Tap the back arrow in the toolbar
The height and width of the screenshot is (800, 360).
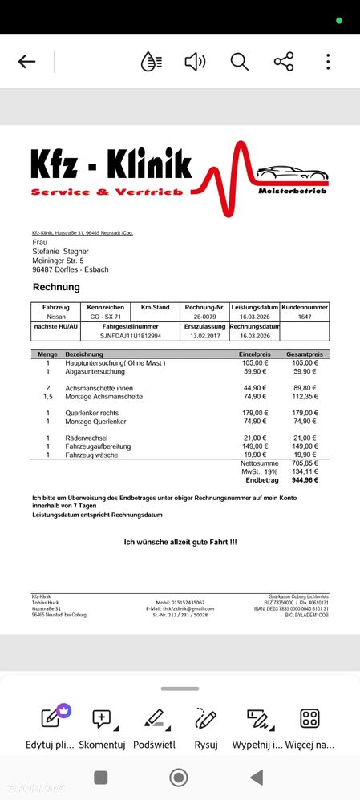tap(26, 62)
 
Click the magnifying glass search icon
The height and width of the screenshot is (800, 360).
tap(239, 62)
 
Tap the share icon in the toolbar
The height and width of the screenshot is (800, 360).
tap(284, 62)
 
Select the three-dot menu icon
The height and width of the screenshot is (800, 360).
tap(328, 62)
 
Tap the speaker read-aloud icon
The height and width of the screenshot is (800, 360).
tap(195, 62)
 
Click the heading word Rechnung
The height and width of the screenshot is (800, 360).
tap(56, 287)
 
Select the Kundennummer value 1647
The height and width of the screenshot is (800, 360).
tap(305, 317)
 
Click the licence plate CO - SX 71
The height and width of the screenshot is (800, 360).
tap(106, 317)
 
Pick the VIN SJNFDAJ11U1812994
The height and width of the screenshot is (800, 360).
tap(130, 336)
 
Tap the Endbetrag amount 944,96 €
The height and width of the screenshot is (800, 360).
tap(304, 479)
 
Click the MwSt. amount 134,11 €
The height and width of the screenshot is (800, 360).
tap(305, 471)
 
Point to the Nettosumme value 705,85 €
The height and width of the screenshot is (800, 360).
tap(305, 463)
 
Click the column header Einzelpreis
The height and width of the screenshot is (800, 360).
tap(254, 354)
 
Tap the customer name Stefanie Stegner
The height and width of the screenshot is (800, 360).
tap(60, 251)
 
